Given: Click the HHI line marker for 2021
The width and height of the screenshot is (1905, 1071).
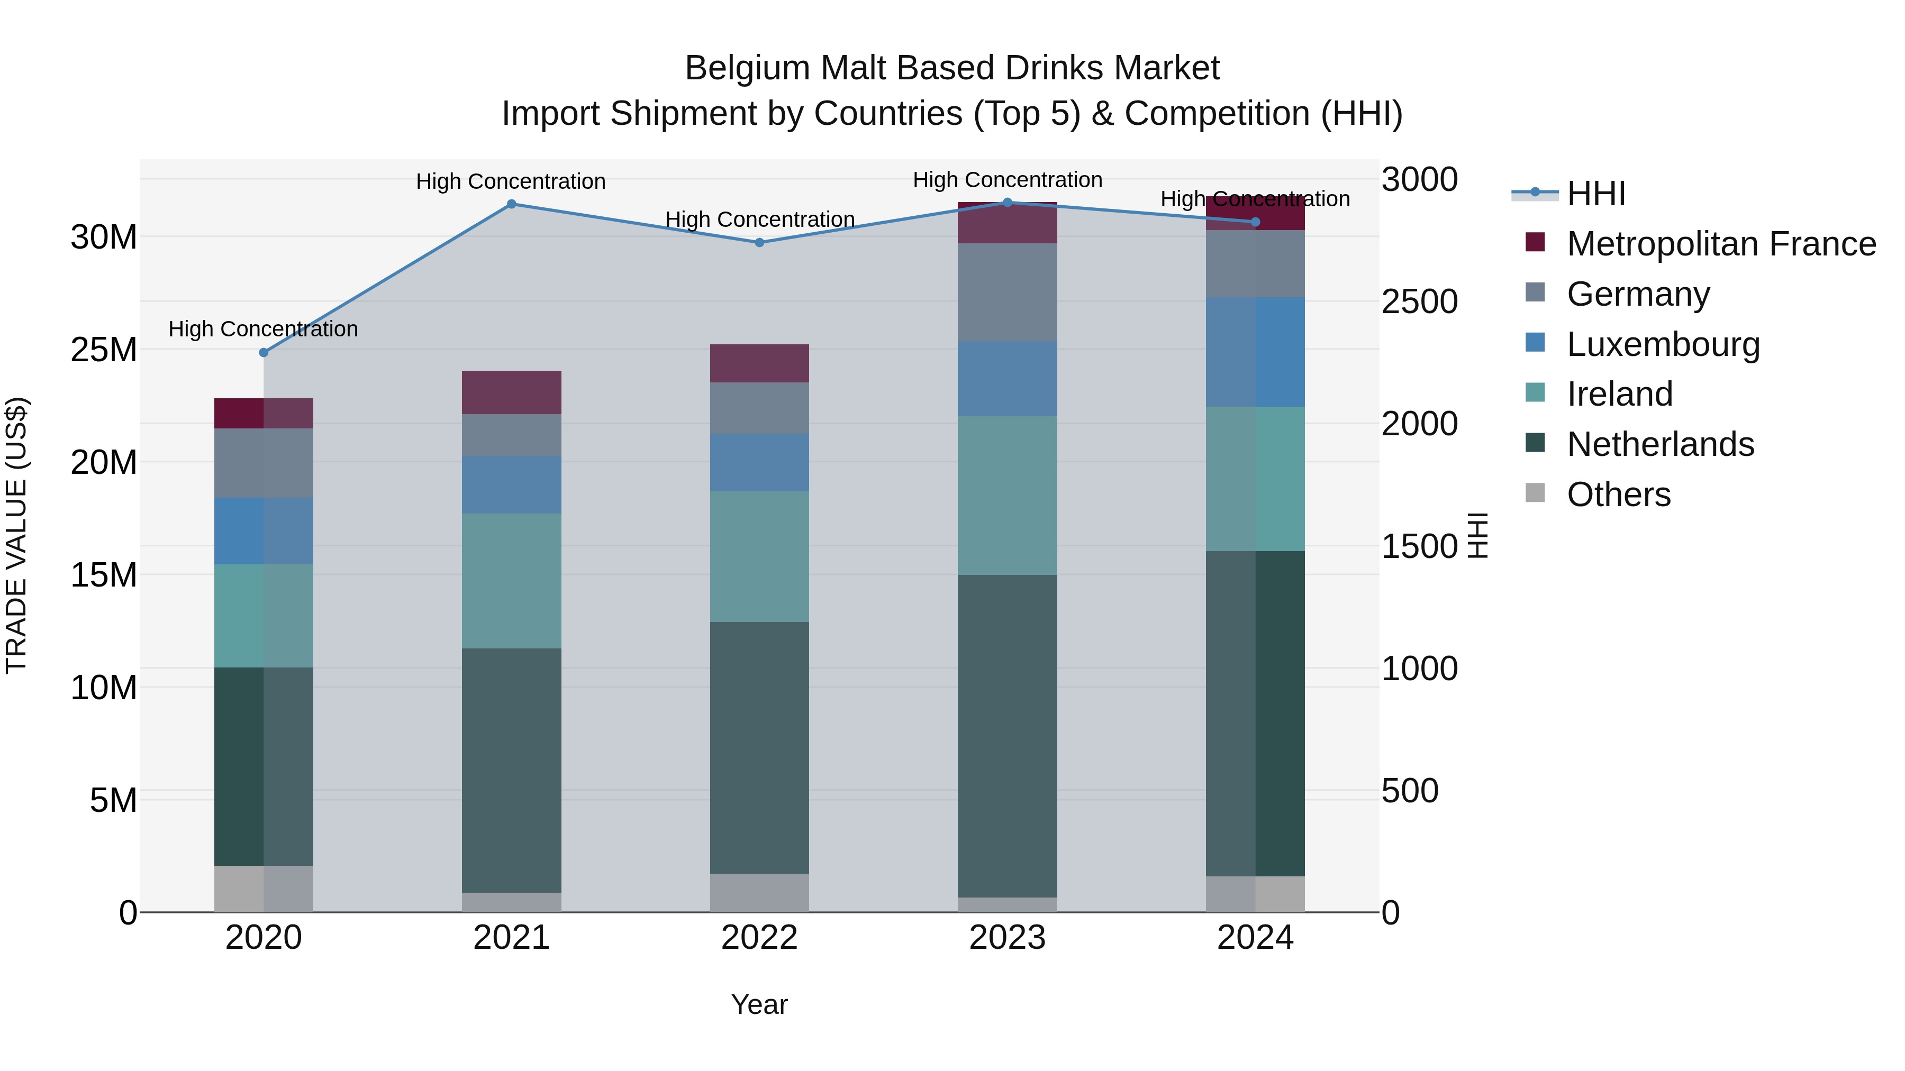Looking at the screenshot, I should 511,204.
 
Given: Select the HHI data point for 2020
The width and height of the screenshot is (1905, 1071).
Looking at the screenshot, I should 264,353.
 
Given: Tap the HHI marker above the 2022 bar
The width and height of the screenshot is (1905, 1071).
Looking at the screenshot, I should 759,242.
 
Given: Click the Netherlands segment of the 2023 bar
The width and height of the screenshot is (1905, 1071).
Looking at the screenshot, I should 1007,736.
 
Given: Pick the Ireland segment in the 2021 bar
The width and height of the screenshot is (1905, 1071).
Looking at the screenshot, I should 511,581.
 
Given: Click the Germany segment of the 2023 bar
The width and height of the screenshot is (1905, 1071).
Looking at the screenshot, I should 1007,292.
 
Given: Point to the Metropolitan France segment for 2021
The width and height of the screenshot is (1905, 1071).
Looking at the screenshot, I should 511,392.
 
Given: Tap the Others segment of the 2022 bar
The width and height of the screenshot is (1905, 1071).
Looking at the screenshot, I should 759,892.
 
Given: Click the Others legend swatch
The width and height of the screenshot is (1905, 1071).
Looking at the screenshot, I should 1535,493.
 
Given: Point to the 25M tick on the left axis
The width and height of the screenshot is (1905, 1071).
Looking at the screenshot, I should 104,350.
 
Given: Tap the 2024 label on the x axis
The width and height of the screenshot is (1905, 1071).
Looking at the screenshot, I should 1255,938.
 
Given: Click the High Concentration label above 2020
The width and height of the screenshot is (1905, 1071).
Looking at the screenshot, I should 264,329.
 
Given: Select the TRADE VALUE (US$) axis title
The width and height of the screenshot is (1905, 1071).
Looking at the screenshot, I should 16,535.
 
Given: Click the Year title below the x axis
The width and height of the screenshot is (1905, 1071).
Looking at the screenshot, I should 759,1004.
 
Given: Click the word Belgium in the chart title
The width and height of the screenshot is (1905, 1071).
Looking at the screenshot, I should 747,68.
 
